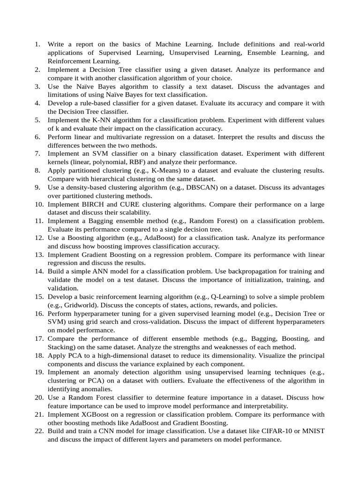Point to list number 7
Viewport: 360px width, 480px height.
pos(37,154)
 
